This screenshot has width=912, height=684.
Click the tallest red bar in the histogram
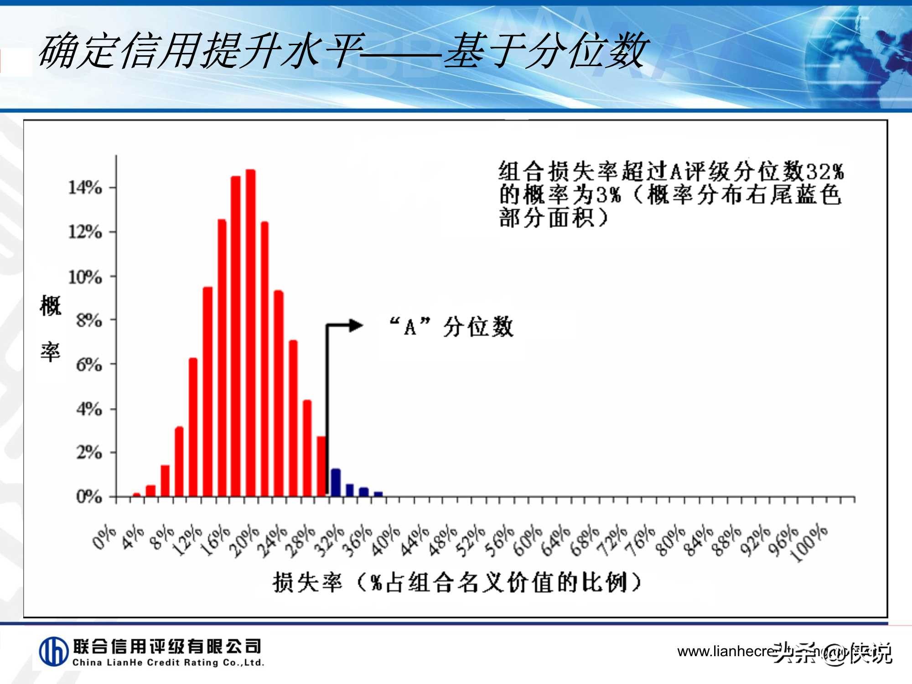pyautogui.click(x=250, y=333)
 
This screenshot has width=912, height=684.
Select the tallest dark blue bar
pyautogui.click(x=336, y=482)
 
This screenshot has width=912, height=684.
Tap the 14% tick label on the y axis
pyautogui.click(x=85, y=187)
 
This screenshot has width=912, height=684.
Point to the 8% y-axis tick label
pyautogui.click(x=89, y=321)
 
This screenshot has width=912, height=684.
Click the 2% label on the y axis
pyautogui.click(x=89, y=453)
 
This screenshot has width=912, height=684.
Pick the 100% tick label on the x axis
pyautogui.click(x=809, y=544)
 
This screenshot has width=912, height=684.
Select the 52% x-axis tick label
pyautogui.click(x=470, y=542)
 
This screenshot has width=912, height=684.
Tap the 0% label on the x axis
pyautogui.click(x=104, y=538)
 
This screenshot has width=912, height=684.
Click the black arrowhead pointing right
pyautogui.click(x=356, y=326)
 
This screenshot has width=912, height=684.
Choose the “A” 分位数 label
pyautogui.click(x=451, y=326)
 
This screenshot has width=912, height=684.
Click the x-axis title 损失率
pyautogui.click(x=307, y=582)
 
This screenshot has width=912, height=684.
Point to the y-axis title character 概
pyautogui.click(x=50, y=305)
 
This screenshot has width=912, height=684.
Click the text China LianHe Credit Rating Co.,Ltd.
pyautogui.click(x=168, y=663)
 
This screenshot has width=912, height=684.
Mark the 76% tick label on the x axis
pyautogui.click(x=641, y=542)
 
